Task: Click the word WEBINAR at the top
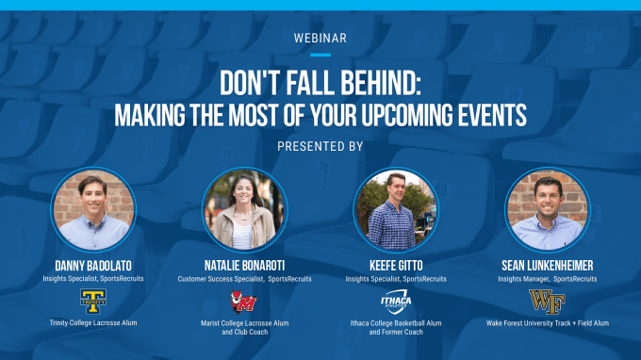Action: click(x=320, y=39)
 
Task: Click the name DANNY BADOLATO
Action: click(x=93, y=267)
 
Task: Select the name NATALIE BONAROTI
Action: click(x=244, y=267)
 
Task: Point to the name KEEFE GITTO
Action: click(x=395, y=267)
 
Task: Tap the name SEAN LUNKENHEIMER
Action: click(x=547, y=267)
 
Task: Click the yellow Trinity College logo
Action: click(x=93, y=302)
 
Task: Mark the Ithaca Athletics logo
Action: click(x=395, y=302)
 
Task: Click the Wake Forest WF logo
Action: click(x=547, y=302)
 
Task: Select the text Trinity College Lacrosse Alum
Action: click(x=93, y=323)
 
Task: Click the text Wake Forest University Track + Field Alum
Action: click(x=547, y=323)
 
